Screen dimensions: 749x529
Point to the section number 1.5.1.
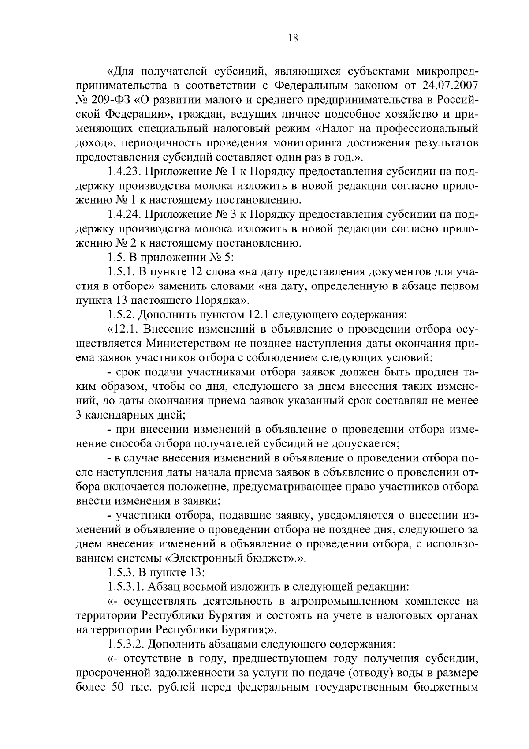119,272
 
